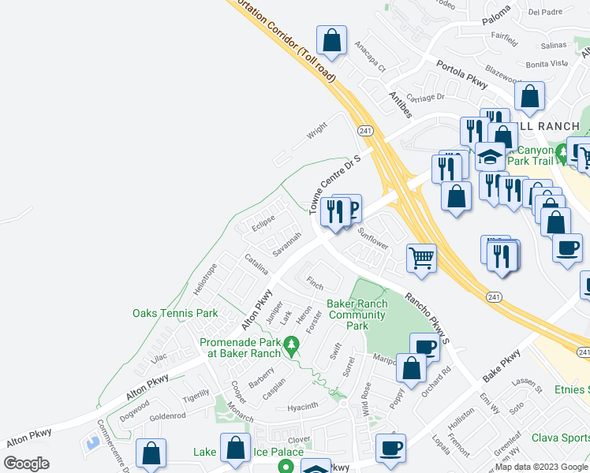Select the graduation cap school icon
(x=491, y=156)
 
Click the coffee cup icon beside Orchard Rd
(x=424, y=347)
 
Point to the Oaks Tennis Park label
(x=175, y=313)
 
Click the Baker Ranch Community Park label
(x=357, y=315)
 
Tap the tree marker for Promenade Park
(x=291, y=343)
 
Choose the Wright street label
(x=317, y=129)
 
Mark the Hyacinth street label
(x=303, y=406)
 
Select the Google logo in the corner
(x=27, y=464)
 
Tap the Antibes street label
(x=400, y=104)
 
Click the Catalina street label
(x=256, y=263)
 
